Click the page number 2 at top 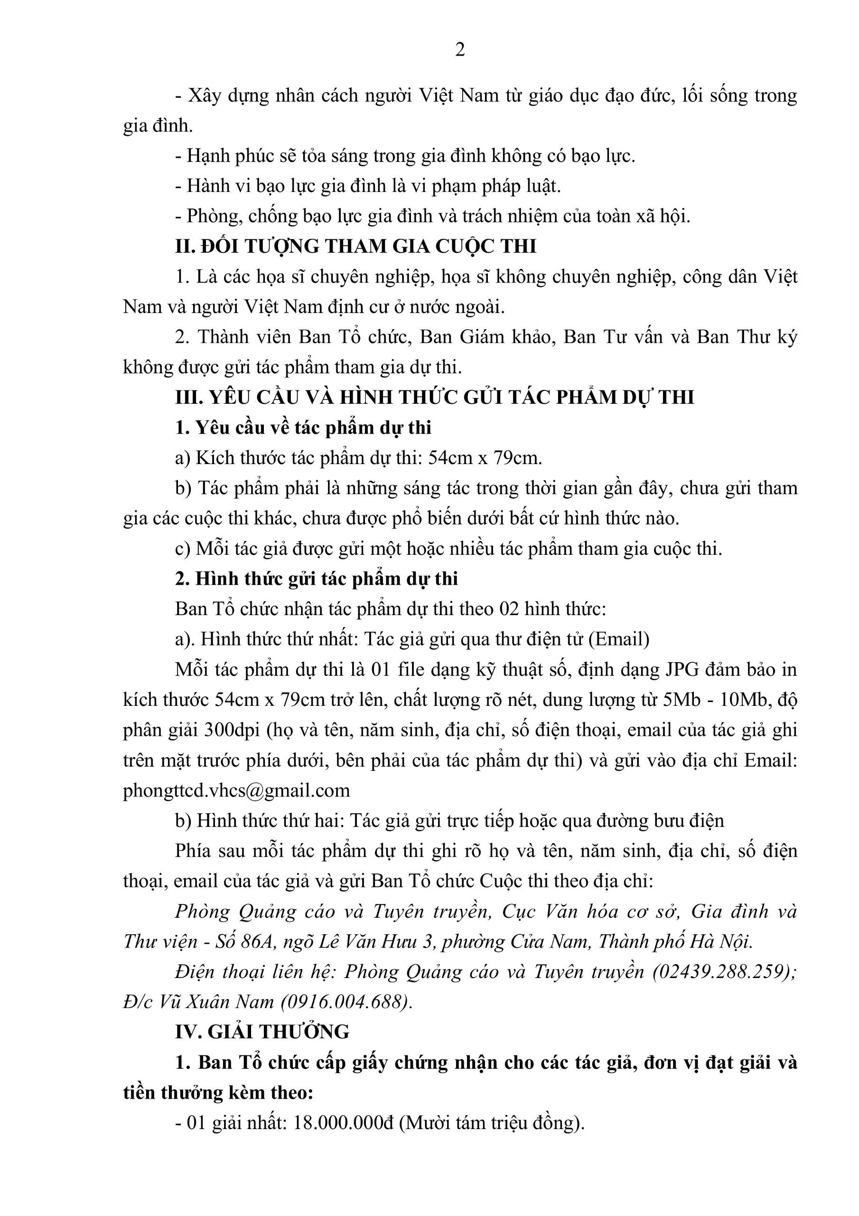(x=460, y=50)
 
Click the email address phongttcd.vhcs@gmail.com (x=236, y=790)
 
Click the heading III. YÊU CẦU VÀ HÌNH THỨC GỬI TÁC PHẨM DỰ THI (x=434, y=397)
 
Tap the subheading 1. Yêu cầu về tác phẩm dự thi (x=303, y=427)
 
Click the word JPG (x=682, y=669)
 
